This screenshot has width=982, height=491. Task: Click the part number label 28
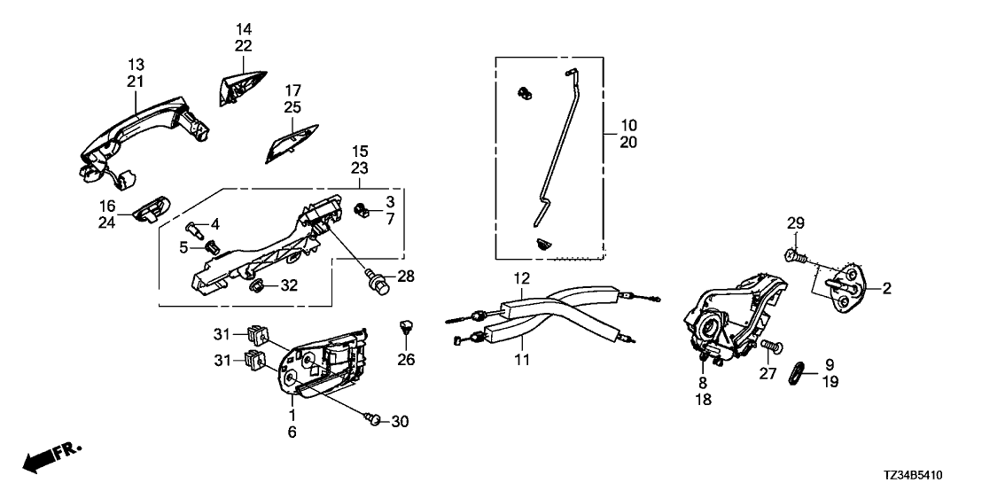pos(406,277)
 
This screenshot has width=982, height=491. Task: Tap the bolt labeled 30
pos(373,419)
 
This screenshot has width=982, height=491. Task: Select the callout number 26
pos(406,360)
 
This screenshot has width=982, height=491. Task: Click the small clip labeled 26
pos(406,326)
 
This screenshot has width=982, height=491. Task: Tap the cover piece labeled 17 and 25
pos(291,143)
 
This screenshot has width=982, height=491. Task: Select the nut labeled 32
pos(256,287)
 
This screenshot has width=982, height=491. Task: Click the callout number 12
pos(522,277)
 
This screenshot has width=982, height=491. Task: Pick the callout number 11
pos(522,360)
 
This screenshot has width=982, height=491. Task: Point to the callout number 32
pos(289,286)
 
